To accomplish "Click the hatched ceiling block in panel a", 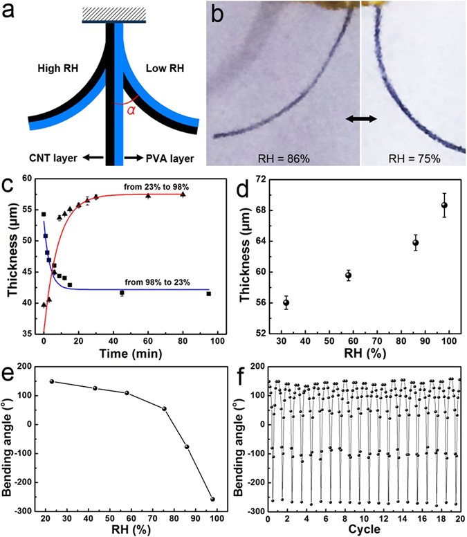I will (114, 14).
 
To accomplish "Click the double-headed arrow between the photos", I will (362, 120).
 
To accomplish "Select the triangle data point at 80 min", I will (183, 194).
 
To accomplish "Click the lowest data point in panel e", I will (212, 499).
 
